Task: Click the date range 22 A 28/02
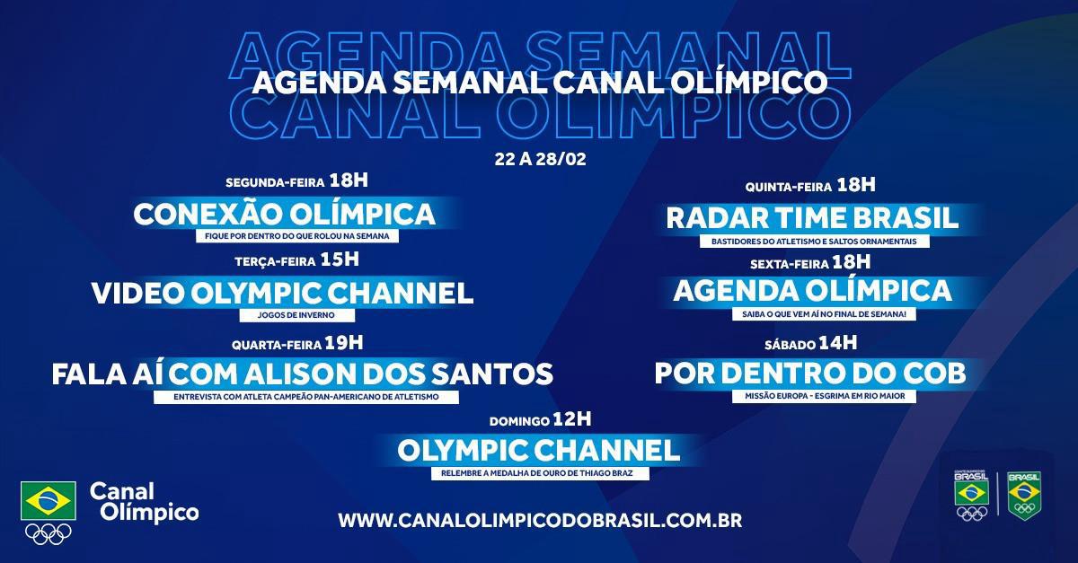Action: (x=540, y=159)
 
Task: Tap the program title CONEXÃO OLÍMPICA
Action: (x=284, y=215)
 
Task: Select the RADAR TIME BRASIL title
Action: (x=812, y=218)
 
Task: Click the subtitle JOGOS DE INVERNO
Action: (x=296, y=315)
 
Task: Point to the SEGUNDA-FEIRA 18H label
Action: (x=297, y=181)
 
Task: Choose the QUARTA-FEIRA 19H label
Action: (x=297, y=344)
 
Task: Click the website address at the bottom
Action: (x=540, y=521)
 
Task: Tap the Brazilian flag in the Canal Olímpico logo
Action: (x=49, y=501)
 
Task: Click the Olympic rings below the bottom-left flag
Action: (x=49, y=533)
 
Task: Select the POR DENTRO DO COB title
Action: (x=810, y=374)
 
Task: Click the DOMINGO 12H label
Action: (x=540, y=420)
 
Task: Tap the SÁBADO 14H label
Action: (x=810, y=344)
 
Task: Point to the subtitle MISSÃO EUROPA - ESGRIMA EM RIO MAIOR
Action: (x=825, y=396)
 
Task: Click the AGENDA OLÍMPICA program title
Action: (x=812, y=291)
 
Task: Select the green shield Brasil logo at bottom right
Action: (x=1024, y=496)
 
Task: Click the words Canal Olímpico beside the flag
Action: (x=144, y=502)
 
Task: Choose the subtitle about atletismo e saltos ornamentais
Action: (x=814, y=242)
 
